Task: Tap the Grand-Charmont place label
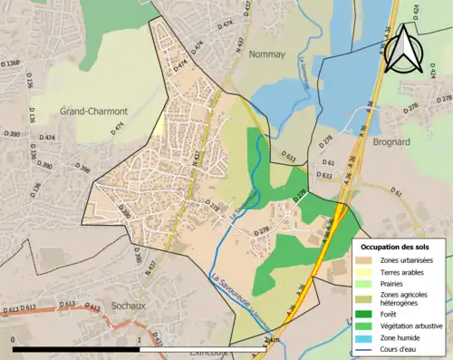pos(94,112)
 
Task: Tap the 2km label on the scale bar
pos(269,339)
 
